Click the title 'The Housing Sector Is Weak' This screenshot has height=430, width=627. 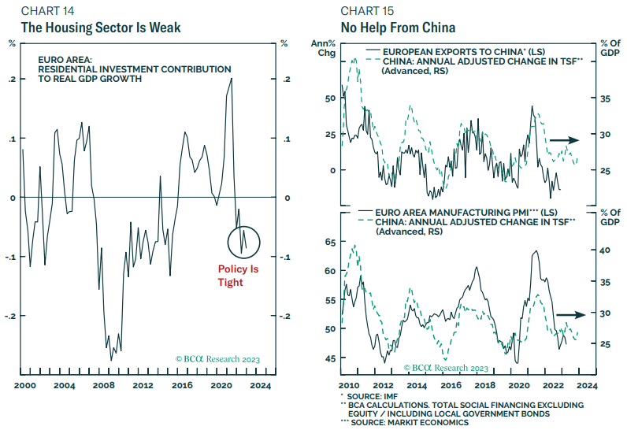(100, 28)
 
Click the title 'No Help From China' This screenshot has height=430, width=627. (398, 28)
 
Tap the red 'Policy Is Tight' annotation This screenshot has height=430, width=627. (238, 276)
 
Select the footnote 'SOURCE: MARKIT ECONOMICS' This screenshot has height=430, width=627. (418, 423)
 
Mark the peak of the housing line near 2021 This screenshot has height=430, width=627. (232, 79)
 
